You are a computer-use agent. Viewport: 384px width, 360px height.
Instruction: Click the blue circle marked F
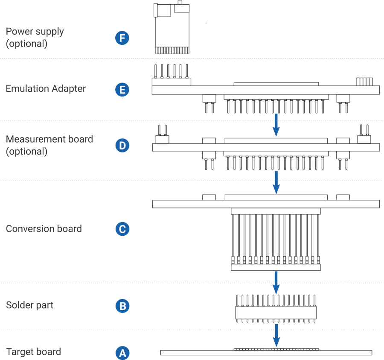point(122,38)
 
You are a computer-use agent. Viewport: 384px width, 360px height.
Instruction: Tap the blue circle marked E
point(122,90)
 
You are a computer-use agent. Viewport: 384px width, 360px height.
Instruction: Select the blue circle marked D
point(122,146)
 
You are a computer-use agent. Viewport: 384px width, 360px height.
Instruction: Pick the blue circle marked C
point(122,229)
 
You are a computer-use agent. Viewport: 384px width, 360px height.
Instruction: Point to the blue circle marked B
point(122,306)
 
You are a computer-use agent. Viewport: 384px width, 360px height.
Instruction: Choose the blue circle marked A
point(122,353)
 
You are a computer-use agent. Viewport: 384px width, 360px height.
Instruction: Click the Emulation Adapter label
point(46,89)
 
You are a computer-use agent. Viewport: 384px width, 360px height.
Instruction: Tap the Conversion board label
point(44,228)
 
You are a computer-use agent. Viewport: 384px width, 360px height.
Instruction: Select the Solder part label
point(30,305)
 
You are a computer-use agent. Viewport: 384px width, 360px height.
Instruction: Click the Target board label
point(34,352)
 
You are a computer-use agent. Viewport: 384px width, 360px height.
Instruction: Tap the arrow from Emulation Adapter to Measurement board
point(276,125)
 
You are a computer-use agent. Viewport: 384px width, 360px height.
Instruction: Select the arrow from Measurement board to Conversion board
point(276,182)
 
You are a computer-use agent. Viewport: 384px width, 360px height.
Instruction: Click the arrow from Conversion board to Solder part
point(276,282)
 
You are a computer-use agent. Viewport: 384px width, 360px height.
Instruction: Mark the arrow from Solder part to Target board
point(276,335)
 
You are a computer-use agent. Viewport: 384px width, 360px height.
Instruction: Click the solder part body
point(276,313)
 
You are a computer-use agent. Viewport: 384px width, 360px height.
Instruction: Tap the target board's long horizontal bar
point(266,353)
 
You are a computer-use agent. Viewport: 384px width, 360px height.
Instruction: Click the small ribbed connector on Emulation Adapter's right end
point(364,82)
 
